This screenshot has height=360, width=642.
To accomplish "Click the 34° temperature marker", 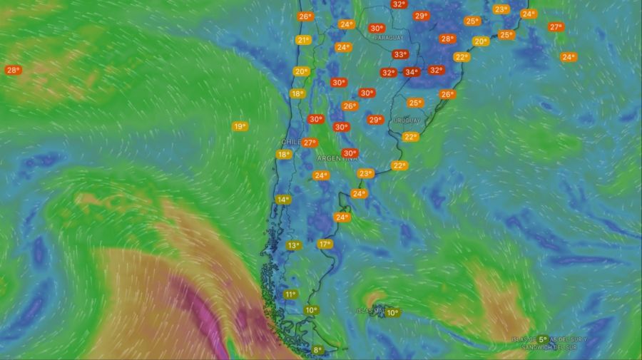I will coord(412,72).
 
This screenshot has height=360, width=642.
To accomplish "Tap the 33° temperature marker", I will coord(400,54).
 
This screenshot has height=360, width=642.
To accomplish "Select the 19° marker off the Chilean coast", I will coord(240,127).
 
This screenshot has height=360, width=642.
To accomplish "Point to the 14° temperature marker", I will coord(283,200).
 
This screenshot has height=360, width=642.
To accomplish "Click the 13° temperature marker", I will coord(293,246).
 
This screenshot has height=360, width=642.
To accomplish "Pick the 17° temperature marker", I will coord(325,245).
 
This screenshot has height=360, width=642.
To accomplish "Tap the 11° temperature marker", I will coord(290,294).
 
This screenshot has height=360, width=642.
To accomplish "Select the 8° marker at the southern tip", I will coord(318,350).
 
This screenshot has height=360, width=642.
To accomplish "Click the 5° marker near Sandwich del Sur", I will coord(543,340).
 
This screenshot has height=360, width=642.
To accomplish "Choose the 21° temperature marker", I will coord(303,41).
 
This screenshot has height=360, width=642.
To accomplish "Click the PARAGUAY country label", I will coord(388,37).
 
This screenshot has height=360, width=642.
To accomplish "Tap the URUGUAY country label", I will coord(407,120).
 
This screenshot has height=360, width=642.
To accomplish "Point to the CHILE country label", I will coord(290,143).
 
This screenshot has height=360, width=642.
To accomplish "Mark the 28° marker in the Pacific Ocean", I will coord(13,71).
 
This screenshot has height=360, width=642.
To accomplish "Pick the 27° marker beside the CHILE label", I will coord(310,143).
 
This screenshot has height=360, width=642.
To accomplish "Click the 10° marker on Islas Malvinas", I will coord(392,312).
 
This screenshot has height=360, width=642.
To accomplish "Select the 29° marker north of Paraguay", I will coord(421,16).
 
